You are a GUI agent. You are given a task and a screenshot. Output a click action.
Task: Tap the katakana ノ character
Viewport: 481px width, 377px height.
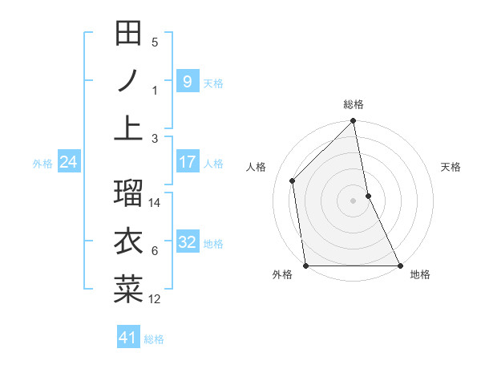pyautogui.click(x=128, y=81)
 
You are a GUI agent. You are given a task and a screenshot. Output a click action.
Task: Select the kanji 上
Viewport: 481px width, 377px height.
pyautogui.click(x=128, y=126)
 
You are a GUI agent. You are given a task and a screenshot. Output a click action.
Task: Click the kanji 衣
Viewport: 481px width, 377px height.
pyautogui.click(x=128, y=241)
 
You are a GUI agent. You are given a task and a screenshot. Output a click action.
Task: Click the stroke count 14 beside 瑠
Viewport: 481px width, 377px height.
pyautogui.click(x=156, y=203)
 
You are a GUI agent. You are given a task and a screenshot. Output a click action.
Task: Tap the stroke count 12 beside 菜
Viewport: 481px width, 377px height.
pyautogui.click(x=156, y=299)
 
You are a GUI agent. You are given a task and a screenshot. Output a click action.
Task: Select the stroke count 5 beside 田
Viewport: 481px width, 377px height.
pyautogui.click(x=155, y=43)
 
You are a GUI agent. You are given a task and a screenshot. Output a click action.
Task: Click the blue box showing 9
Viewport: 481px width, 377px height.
pyautogui.click(x=187, y=81)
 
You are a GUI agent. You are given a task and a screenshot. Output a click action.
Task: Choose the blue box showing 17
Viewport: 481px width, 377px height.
pyautogui.click(x=187, y=162)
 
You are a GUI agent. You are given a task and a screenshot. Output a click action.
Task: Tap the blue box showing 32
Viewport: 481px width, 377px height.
pyautogui.click(x=187, y=243)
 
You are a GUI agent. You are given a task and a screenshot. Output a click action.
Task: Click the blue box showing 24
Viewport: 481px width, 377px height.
pyautogui.click(x=69, y=163)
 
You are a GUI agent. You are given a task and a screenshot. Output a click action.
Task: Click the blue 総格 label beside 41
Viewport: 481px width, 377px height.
pyautogui.click(x=154, y=339)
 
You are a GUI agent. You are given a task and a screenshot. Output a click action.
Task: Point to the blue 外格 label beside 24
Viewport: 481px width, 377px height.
pyautogui.click(x=42, y=164)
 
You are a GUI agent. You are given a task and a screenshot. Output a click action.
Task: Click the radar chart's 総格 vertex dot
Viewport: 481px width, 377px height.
pyautogui.click(x=353, y=122)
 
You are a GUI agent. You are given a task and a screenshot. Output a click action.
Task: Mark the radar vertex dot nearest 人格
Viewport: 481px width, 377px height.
pyautogui.click(x=293, y=180)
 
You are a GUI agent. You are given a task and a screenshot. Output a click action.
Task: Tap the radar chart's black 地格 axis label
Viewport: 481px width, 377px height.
pyautogui.click(x=420, y=274)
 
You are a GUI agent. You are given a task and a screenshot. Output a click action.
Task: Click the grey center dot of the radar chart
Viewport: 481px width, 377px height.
pyautogui.click(x=353, y=200)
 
